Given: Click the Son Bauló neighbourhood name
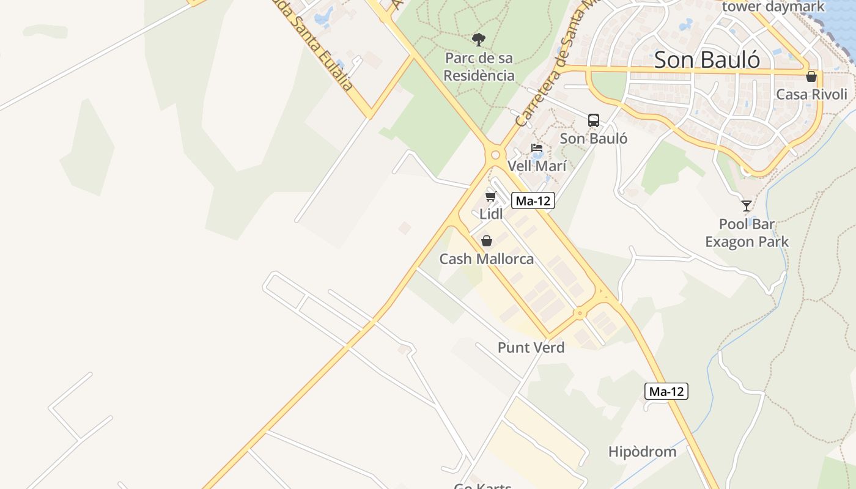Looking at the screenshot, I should pos(707,60).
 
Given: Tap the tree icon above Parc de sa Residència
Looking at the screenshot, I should pos(479,40).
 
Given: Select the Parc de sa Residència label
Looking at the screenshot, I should pos(479,67).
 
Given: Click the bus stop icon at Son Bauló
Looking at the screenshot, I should pos(593,120).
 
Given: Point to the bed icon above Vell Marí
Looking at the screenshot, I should pos(537,148).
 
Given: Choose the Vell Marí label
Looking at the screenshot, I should pos(537,166).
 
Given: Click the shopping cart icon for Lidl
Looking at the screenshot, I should pos(490,196).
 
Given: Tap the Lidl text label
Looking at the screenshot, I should pos(491,214).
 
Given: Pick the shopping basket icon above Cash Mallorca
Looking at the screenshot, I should pos(487,241).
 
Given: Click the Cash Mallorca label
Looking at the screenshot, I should pos(487,259).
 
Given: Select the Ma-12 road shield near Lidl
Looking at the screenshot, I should pos(533,200).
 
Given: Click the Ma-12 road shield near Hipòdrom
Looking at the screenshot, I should pos(666,391).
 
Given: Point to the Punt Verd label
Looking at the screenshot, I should pos(531,348).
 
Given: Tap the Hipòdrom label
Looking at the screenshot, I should pos(642,452).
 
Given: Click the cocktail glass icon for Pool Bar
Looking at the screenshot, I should pos(746,205).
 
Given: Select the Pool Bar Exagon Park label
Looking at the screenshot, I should pos(747,233).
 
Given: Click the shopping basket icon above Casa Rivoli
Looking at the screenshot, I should pos(811,76).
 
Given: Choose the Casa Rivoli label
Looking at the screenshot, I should pos(811,95).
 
